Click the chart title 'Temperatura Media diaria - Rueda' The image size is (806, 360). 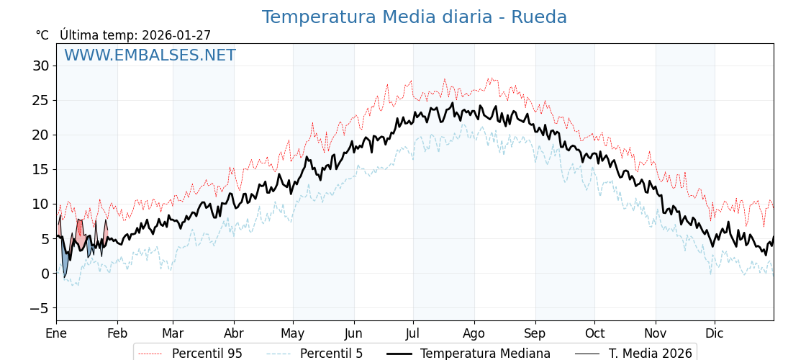(414, 17)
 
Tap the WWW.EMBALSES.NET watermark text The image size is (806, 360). (150, 55)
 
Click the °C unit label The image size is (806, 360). (42, 35)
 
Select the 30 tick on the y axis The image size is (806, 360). (40, 66)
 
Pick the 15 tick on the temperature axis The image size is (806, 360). (40, 169)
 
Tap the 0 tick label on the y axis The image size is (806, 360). (45, 274)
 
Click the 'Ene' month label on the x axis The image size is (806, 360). (56, 333)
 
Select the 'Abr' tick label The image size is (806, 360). (234, 333)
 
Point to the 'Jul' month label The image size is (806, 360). (413, 333)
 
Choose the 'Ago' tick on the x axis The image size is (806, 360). (474, 333)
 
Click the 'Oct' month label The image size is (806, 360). (594, 333)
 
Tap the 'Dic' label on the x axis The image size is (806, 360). (715, 333)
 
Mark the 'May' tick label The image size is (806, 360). (293, 333)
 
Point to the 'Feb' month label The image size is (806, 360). (117, 333)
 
